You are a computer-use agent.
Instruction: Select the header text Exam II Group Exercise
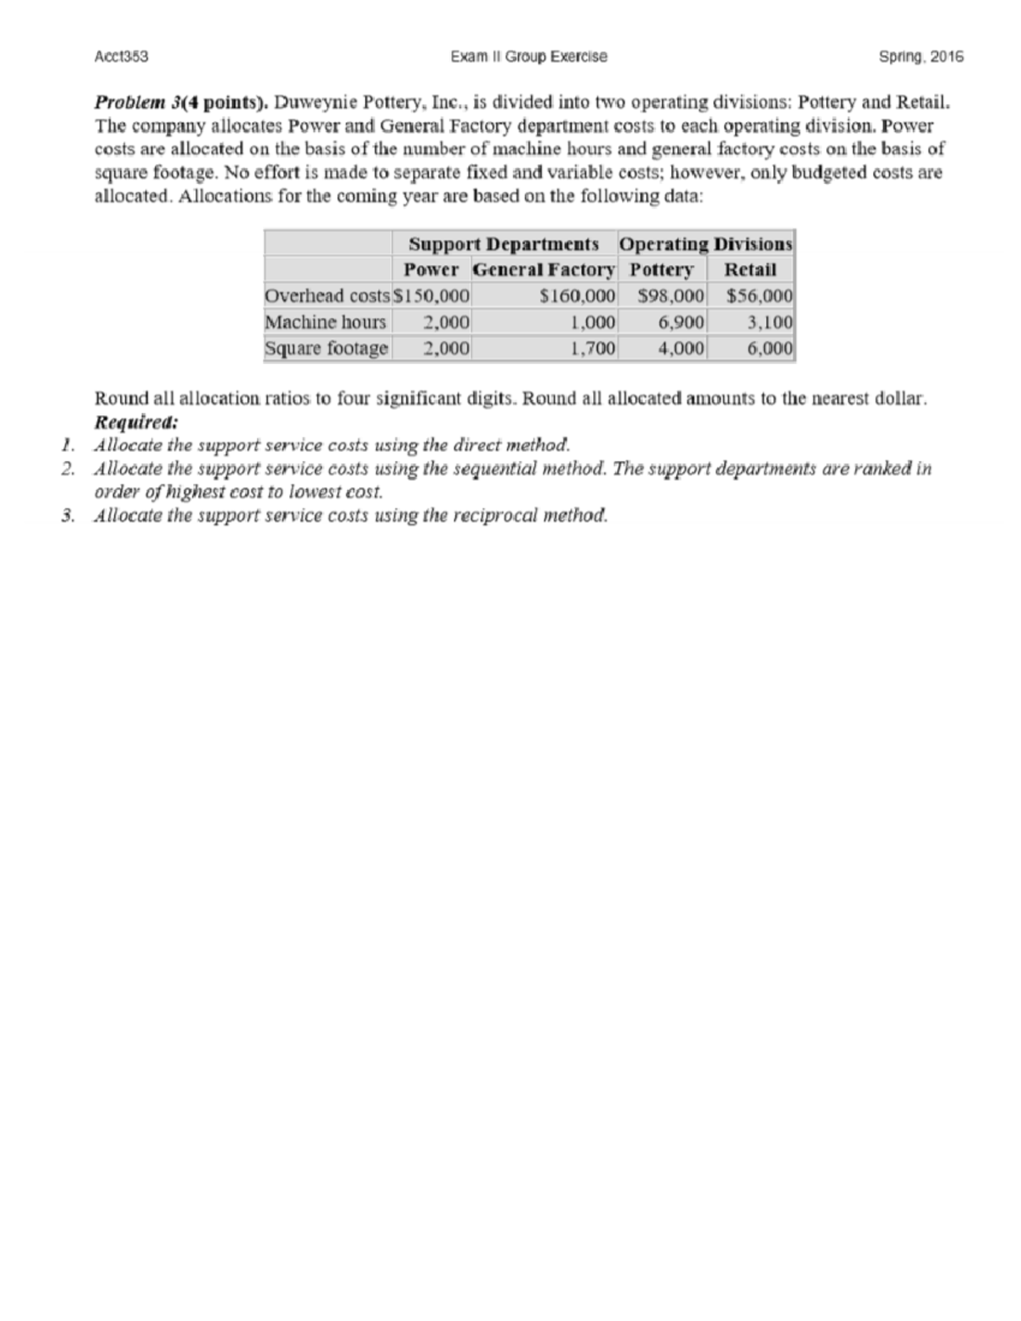(x=529, y=57)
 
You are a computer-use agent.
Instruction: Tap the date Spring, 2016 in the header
(x=921, y=57)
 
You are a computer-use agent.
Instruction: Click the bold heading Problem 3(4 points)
(x=181, y=104)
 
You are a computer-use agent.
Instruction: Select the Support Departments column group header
(x=504, y=244)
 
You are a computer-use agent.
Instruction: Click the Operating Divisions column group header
(x=705, y=244)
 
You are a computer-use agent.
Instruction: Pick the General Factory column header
(x=544, y=270)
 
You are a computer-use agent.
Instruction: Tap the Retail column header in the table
(x=750, y=270)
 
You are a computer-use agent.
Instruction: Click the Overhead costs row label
(x=327, y=296)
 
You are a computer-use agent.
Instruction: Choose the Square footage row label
(x=327, y=348)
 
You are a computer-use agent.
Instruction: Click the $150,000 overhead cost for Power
(x=432, y=296)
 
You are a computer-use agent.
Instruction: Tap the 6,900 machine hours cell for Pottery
(x=682, y=322)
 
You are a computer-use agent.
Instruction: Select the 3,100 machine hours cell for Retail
(x=769, y=322)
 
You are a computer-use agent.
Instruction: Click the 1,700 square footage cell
(x=593, y=348)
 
